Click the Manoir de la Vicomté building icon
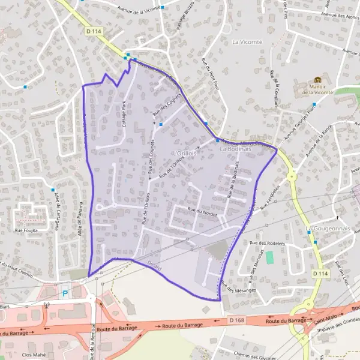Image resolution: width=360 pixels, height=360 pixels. tap(317, 80)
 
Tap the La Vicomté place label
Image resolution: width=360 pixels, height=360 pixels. tap(247, 42)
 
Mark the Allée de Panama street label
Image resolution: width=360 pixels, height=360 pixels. tap(80, 218)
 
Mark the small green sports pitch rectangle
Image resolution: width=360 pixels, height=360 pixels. tap(269, 258)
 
